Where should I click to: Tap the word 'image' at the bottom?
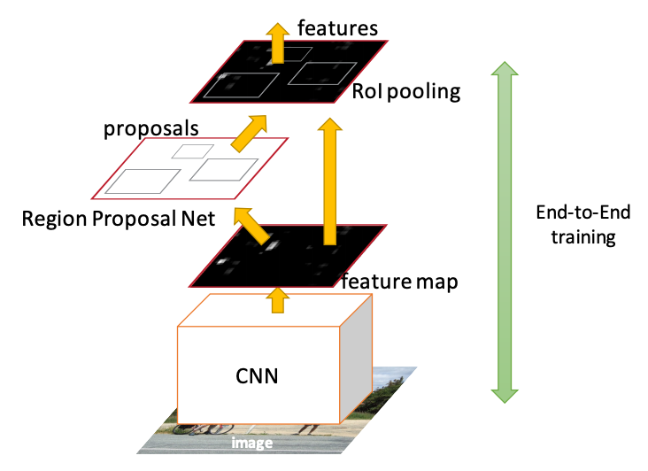coord(252,443)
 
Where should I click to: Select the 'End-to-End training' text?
coord(578,226)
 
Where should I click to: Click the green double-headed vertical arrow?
coord(503,230)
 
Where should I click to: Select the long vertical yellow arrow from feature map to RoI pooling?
coord(331,181)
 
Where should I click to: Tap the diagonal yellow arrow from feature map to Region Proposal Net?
coord(254,225)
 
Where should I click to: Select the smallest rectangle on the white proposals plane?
coord(193,151)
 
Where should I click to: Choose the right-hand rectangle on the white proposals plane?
coord(224,169)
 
